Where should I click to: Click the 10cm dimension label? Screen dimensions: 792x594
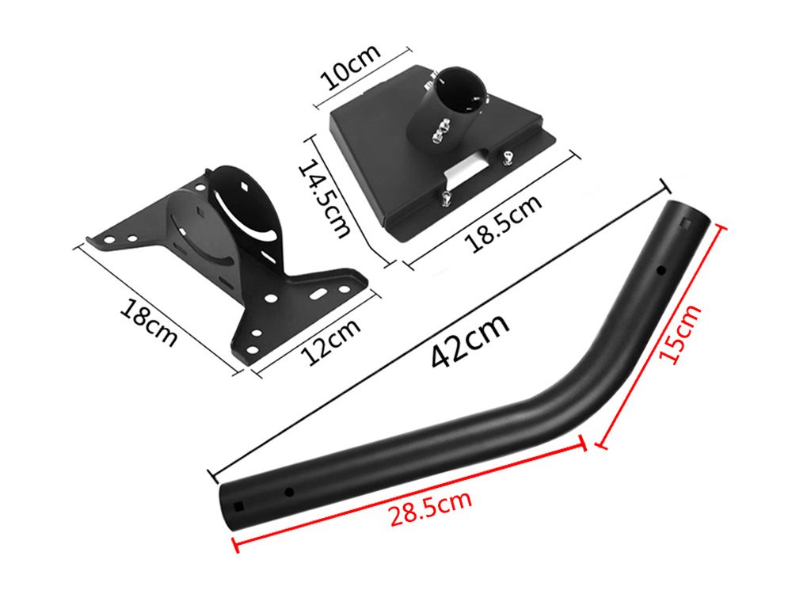(350, 67)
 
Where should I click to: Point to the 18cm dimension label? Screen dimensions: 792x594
(149, 323)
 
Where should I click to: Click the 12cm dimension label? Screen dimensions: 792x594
(331, 342)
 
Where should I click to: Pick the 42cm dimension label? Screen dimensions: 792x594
(470, 341)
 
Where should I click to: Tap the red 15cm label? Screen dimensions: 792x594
(680, 333)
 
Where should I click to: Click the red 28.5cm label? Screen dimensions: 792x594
(430, 508)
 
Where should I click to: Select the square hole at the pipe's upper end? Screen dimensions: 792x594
(686, 223)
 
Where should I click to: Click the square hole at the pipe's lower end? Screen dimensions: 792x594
(238, 507)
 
